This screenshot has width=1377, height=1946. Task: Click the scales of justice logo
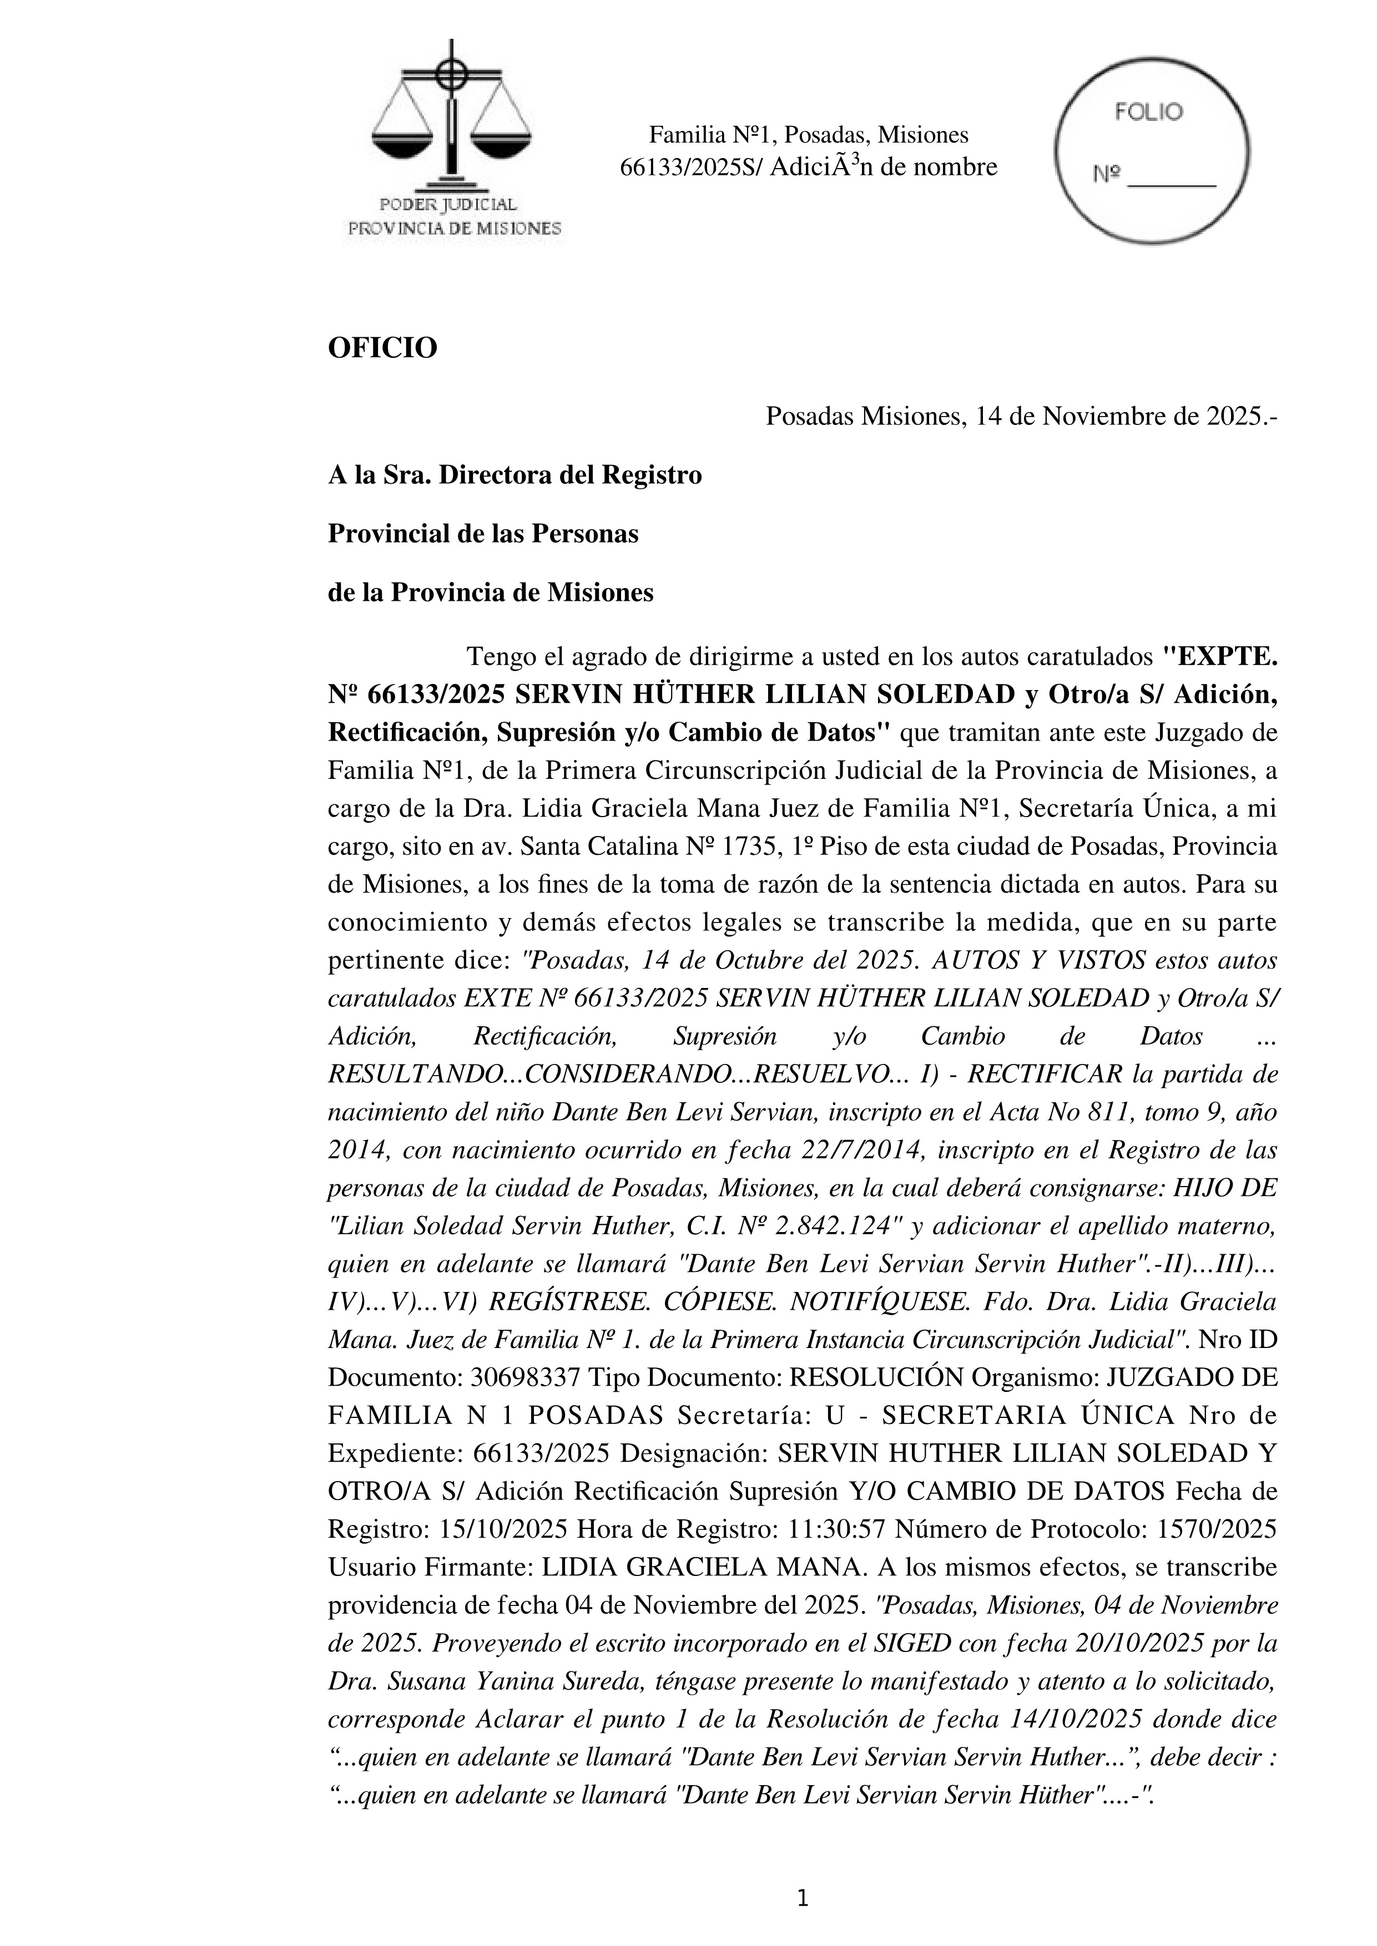tap(451, 119)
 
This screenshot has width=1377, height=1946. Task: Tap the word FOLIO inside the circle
tap(1149, 113)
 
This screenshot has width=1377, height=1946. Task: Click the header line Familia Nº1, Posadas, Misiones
tap(808, 135)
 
